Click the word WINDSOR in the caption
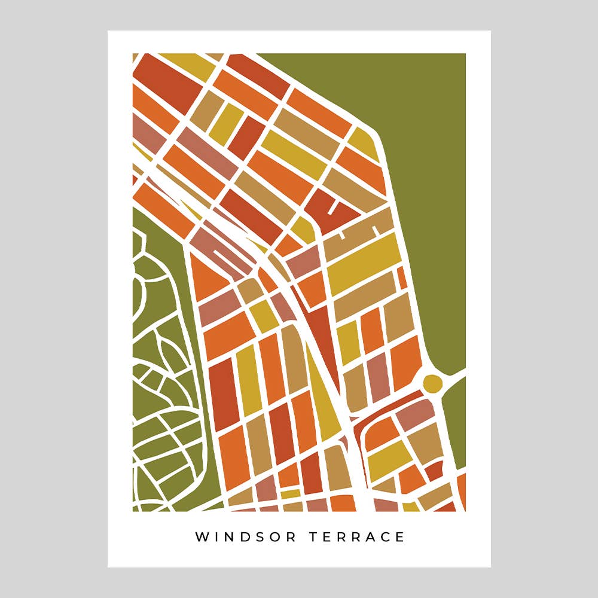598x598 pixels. coord(246,537)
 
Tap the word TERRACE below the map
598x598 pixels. coord(357,537)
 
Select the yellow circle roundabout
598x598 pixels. coord(432,383)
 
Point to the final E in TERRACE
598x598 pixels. coord(401,537)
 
